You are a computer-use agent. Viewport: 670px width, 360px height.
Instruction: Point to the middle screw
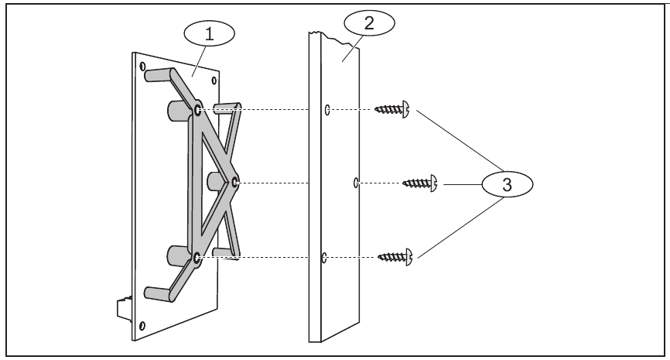pos(421,183)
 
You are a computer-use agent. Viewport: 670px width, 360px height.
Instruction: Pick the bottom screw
pos(395,255)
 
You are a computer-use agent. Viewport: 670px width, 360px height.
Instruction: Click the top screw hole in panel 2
pos(328,111)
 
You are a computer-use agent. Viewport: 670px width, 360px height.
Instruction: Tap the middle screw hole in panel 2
pos(354,183)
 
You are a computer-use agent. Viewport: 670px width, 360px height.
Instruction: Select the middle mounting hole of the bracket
pos(234,183)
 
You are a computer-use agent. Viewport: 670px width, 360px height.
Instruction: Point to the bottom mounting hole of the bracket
pos(197,255)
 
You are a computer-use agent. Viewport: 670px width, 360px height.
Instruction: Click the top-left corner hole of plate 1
pos(143,67)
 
